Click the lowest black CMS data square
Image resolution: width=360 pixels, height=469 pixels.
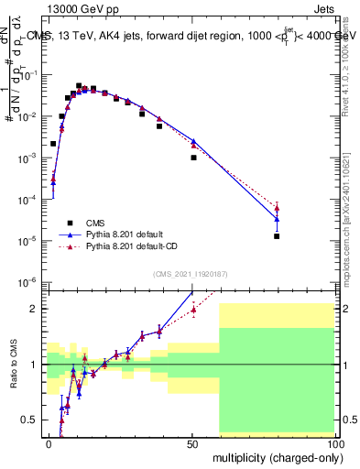pyautogui.click(x=277, y=236)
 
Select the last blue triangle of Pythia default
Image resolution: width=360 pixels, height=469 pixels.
pyautogui.click(x=277, y=218)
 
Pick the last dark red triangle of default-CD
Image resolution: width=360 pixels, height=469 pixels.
pyautogui.click(x=277, y=209)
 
